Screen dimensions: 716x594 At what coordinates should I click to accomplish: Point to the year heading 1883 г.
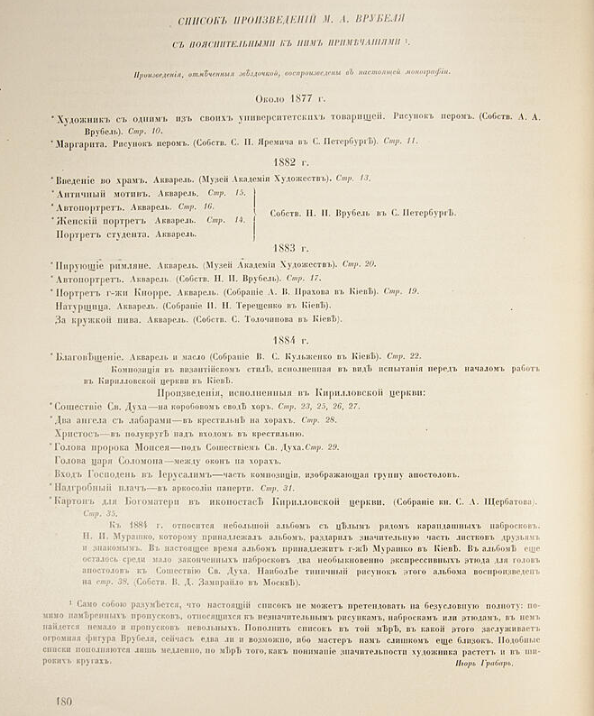pos(297,245)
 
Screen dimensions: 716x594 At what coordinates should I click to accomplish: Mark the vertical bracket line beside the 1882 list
pos(253,212)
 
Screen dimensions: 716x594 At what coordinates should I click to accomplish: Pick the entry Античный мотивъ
pos(101,194)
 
